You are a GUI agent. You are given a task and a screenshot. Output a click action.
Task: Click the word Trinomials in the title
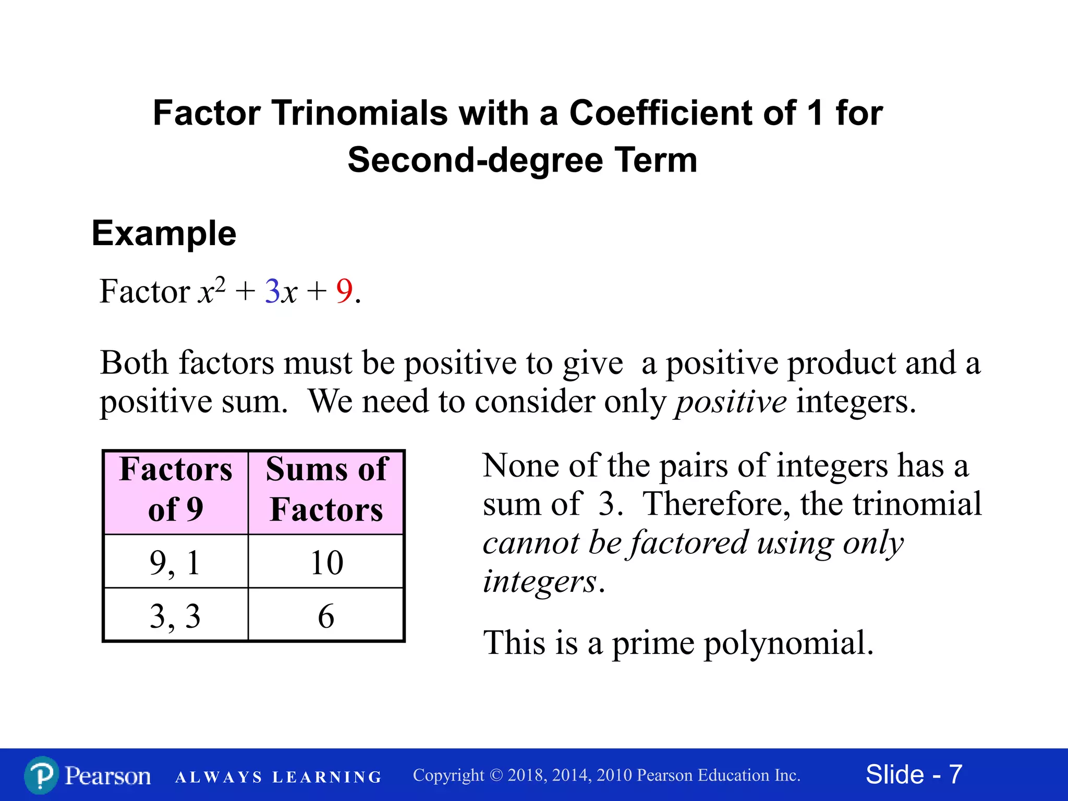(x=359, y=113)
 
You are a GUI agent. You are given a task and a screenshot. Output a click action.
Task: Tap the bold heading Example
(x=164, y=233)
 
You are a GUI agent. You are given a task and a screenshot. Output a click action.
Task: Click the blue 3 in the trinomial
(x=272, y=291)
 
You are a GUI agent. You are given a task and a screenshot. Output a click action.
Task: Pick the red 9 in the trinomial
(x=344, y=291)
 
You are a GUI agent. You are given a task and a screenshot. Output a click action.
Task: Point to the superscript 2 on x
(x=220, y=284)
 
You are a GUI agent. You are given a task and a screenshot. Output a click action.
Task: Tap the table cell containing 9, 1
(x=175, y=562)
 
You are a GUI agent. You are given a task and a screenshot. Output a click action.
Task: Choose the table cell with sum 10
(x=326, y=562)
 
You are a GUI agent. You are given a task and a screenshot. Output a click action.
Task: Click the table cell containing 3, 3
(x=175, y=616)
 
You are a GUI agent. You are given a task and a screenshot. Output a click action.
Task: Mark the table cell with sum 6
(x=326, y=616)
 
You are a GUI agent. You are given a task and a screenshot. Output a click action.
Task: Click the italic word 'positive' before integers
(x=731, y=403)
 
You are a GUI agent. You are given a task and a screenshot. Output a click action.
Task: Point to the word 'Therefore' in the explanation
(x=716, y=504)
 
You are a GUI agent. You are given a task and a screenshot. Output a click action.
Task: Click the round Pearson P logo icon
(x=41, y=775)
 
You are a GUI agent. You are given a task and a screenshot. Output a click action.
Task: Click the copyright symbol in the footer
(x=496, y=775)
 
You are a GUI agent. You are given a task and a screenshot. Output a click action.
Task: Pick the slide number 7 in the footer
(x=955, y=774)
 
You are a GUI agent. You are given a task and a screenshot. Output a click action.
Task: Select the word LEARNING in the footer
(x=327, y=778)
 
